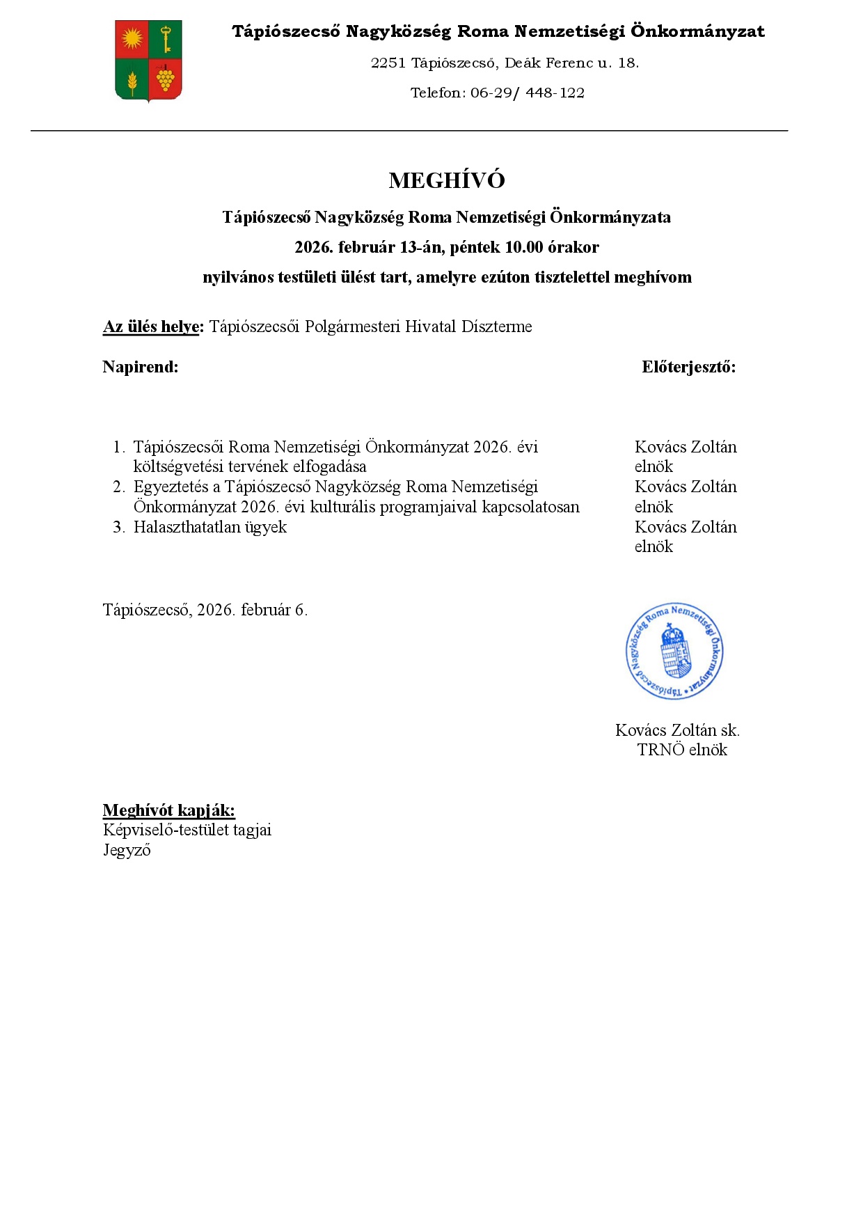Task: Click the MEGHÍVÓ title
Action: click(447, 180)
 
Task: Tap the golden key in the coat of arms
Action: click(166, 39)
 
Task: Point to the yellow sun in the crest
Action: click(132, 39)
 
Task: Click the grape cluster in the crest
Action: click(166, 78)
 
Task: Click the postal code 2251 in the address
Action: click(388, 63)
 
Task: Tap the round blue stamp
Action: click(674, 651)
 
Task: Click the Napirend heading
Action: click(140, 367)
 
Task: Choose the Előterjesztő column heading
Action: click(688, 367)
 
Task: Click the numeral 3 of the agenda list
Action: click(118, 527)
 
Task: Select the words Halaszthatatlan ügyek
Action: click(210, 527)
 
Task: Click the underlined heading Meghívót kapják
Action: click(168, 810)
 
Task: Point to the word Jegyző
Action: click(127, 850)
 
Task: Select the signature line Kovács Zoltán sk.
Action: click(677, 730)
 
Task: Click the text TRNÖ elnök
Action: click(682, 750)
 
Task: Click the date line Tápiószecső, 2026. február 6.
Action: click(205, 610)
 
